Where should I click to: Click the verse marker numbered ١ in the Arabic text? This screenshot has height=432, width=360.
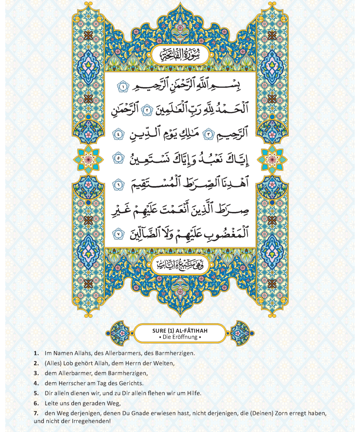(122, 87)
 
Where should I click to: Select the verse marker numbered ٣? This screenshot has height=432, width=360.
(208, 135)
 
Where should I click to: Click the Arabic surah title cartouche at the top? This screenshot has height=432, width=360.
(180, 55)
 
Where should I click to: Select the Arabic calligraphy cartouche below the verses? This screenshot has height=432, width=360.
(180, 266)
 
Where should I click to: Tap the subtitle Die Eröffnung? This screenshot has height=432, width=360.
(180, 337)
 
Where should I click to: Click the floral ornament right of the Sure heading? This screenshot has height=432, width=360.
(240, 333)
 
